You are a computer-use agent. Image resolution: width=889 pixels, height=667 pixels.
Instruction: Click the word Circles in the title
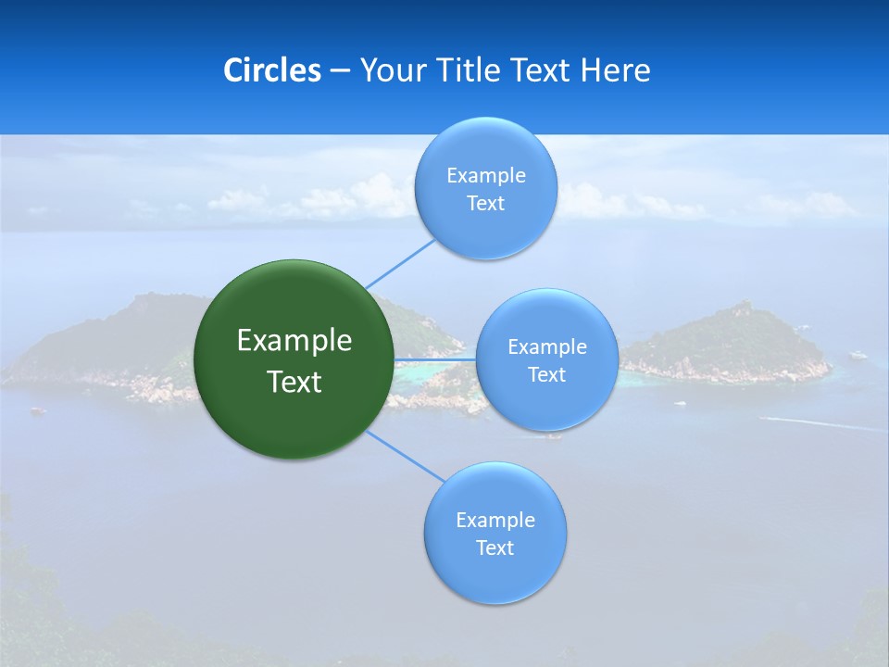[x=272, y=70]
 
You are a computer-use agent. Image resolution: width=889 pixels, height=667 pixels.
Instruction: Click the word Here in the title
[x=616, y=70]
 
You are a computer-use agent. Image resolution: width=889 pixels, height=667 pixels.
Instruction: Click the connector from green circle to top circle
[x=400, y=263]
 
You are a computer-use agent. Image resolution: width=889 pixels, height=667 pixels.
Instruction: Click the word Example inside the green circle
[x=294, y=341]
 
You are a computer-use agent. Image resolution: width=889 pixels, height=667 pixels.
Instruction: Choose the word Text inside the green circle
[x=294, y=382]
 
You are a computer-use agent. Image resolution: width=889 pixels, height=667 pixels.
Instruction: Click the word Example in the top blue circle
[x=486, y=176]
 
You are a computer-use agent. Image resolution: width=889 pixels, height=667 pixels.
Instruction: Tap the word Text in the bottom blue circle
[x=495, y=547]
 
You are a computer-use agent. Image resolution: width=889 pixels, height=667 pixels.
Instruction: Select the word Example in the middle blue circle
[x=547, y=347]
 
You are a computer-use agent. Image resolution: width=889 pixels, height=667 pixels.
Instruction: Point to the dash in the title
[x=340, y=70]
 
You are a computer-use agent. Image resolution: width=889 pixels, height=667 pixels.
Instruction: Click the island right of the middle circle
[x=732, y=343]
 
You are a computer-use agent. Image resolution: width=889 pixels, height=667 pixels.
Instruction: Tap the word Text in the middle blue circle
[x=547, y=374]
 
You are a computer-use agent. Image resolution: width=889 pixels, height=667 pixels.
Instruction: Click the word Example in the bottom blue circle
[x=495, y=520]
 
